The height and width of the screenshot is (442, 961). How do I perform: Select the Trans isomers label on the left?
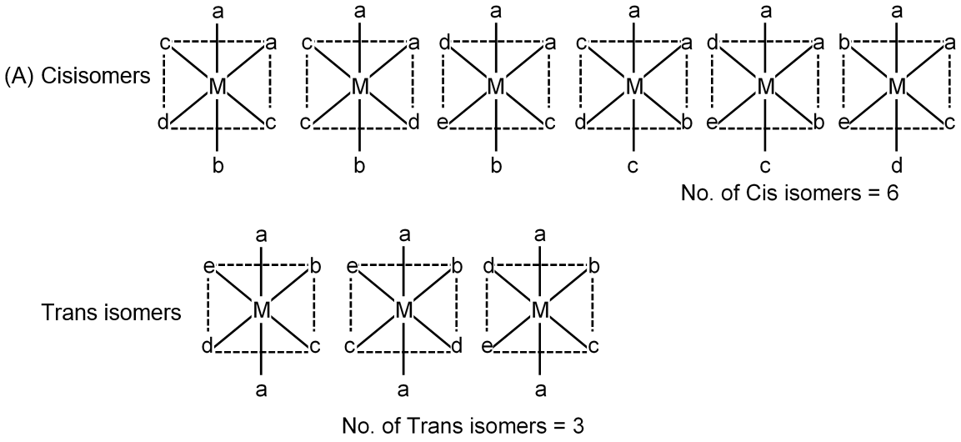111,314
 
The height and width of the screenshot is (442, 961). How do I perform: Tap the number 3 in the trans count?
576,426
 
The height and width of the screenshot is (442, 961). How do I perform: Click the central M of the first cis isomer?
218,86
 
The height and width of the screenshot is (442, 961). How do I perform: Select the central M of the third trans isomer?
540,310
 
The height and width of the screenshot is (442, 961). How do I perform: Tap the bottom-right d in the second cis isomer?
414,124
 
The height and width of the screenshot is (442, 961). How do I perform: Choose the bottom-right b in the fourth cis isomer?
688,124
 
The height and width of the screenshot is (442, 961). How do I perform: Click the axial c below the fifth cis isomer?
765,166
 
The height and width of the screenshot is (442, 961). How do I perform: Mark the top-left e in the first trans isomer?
208,267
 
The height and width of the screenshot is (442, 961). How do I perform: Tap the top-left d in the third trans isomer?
488,267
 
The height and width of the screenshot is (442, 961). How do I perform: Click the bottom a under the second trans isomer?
404,389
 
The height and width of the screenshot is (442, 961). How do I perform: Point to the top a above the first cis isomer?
218,13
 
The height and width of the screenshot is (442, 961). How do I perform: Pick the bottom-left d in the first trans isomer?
206,345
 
